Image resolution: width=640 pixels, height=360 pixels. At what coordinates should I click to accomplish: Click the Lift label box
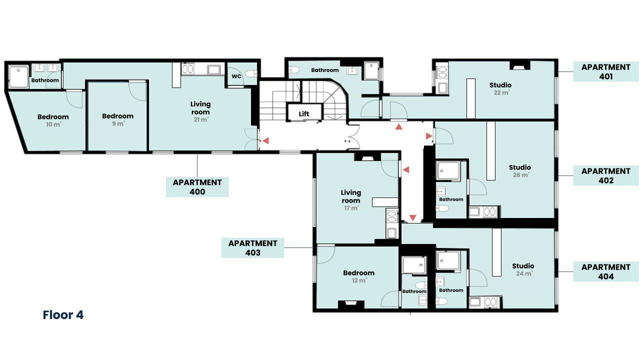tap(304, 112)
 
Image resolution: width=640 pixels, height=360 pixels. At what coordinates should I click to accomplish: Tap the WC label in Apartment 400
tap(236, 76)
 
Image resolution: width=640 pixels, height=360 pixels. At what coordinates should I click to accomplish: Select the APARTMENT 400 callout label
tap(197, 187)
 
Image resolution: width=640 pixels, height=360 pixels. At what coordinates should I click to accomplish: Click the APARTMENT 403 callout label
tap(253, 247)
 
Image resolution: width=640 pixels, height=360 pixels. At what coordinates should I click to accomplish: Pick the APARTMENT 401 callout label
tap(605, 71)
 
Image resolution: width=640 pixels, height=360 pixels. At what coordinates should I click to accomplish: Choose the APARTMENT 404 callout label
tap(605, 271)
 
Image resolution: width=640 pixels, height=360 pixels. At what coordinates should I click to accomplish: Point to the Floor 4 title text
tap(63, 315)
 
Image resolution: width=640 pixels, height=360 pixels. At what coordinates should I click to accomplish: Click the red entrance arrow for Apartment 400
tap(265, 140)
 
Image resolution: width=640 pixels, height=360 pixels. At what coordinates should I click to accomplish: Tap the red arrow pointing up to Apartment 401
tap(399, 126)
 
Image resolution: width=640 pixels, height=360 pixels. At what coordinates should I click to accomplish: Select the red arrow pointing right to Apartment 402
tap(429, 136)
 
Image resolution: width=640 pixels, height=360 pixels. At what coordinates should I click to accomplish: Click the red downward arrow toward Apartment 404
tap(413, 218)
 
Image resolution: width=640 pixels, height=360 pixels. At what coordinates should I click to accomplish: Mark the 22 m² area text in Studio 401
tap(501, 92)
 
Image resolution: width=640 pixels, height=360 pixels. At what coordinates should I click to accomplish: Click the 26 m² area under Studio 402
tap(521, 175)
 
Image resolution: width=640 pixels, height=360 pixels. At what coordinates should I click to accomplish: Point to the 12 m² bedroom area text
tap(359, 280)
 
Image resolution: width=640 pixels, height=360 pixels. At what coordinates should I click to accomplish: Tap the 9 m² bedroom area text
tap(118, 123)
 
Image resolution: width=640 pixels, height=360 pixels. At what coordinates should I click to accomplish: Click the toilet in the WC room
tap(251, 73)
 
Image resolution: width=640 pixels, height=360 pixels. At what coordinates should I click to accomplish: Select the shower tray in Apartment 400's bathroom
tap(18, 76)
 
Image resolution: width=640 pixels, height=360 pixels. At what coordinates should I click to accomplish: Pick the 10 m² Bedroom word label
tap(53, 116)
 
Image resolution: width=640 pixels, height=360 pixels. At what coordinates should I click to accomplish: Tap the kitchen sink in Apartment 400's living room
tap(213, 69)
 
